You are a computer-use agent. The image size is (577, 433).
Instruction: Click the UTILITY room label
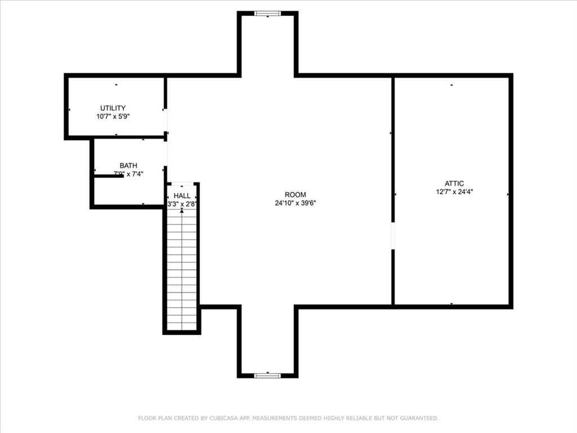(113, 108)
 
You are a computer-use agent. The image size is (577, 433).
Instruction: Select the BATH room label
(128, 166)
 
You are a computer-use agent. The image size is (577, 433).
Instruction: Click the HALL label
(181, 196)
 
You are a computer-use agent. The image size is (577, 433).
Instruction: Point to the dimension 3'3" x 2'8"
(181, 204)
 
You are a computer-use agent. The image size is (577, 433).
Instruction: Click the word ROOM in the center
(295, 195)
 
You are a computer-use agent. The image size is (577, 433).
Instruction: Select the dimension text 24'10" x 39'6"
(295, 203)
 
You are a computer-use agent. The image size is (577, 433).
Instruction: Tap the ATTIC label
(454, 183)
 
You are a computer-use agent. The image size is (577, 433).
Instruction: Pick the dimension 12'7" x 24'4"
(454, 192)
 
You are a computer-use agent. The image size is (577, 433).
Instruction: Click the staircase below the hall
(181, 271)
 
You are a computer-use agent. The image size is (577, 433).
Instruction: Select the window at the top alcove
(267, 14)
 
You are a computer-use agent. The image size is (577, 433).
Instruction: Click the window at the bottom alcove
(267, 375)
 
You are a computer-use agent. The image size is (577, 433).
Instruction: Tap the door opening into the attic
(393, 236)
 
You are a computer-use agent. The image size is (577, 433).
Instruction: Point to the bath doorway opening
(166, 153)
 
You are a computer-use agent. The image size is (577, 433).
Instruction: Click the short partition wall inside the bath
(108, 176)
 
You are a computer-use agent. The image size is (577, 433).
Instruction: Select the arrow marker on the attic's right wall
(508, 195)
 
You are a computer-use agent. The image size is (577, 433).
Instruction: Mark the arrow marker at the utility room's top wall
(116, 85)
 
